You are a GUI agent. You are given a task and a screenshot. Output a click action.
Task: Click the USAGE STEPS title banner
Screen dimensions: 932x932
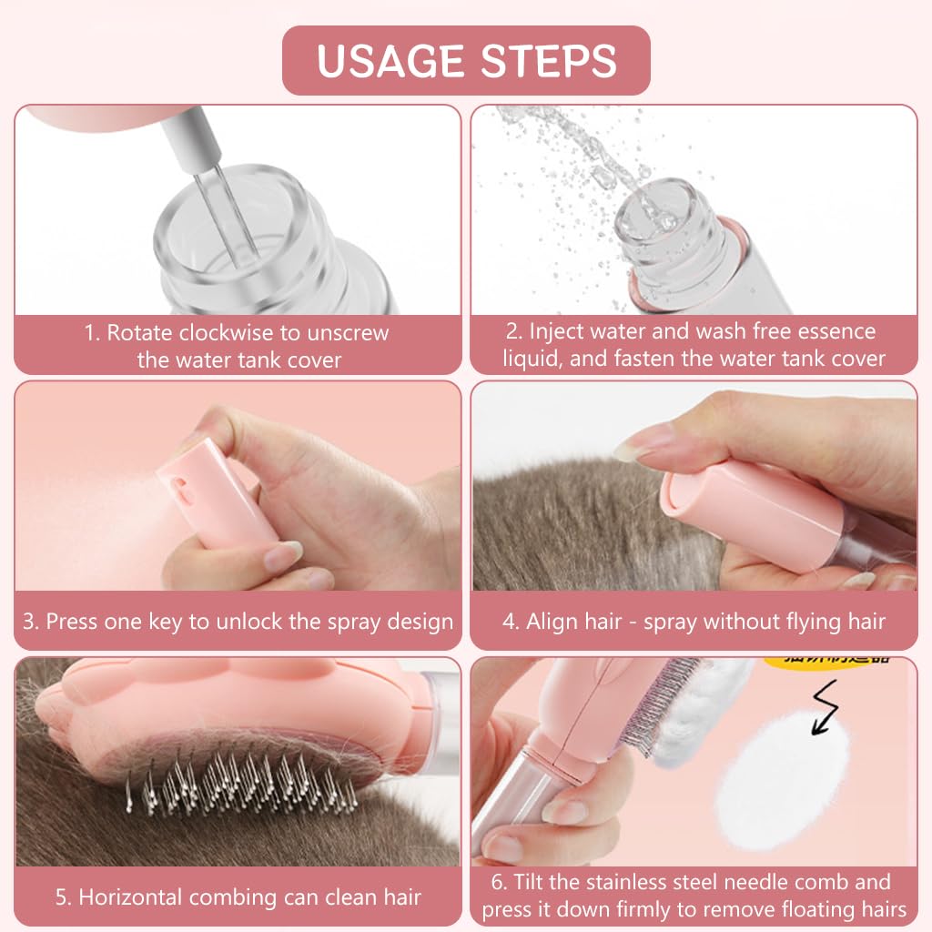pyautogui.click(x=466, y=60)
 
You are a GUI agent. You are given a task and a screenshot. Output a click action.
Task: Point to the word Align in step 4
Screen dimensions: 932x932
pyautogui.click(x=555, y=622)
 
